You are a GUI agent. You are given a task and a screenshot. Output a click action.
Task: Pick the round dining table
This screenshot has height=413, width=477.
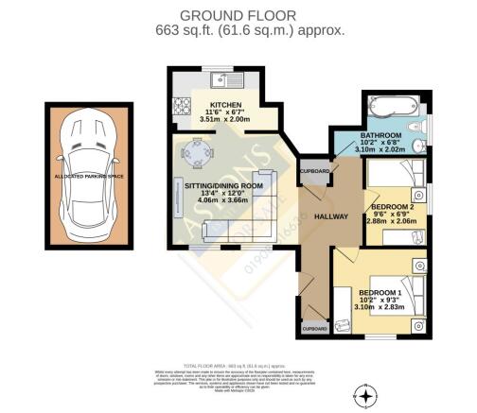(x=195, y=150)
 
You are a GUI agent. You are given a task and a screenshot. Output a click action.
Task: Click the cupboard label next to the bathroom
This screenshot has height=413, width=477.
(x=314, y=171)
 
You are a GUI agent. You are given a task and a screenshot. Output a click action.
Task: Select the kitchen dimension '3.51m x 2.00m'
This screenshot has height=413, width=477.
(x=224, y=120)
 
